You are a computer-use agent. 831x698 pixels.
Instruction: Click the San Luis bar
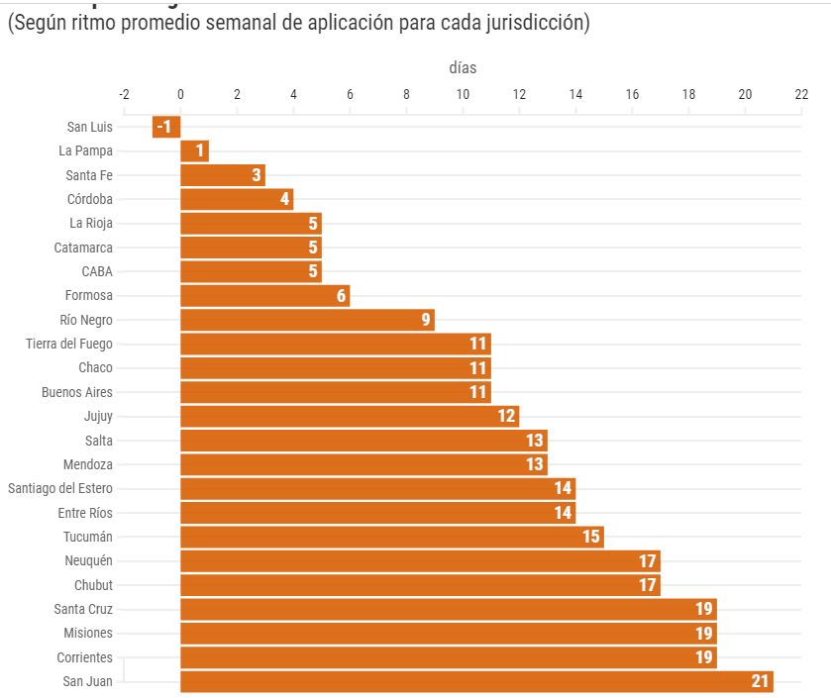[166, 127]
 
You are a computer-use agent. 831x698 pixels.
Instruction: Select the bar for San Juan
[475, 681]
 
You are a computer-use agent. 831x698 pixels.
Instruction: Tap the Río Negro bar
[307, 320]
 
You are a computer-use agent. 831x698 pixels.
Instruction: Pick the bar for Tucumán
[391, 537]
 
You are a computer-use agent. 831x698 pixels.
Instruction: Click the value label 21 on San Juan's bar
[760, 681]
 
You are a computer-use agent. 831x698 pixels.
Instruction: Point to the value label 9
[425, 320]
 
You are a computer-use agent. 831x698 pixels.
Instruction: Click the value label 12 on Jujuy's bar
[507, 417]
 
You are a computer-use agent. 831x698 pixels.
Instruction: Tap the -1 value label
[164, 127]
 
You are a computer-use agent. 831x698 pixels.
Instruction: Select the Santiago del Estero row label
[60, 488]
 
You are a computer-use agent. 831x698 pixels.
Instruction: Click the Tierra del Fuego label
[69, 344]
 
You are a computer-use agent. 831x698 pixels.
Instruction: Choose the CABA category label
[97, 271]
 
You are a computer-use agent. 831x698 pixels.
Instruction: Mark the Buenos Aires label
[77, 392]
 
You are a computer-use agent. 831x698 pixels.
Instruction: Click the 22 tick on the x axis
[801, 94]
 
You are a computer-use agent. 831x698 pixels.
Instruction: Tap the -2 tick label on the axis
[124, 94]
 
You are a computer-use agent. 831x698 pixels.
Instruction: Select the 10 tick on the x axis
[463, 94]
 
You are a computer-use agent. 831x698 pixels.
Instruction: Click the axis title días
[463, 68]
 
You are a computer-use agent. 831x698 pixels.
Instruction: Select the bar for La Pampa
[194, 150]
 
